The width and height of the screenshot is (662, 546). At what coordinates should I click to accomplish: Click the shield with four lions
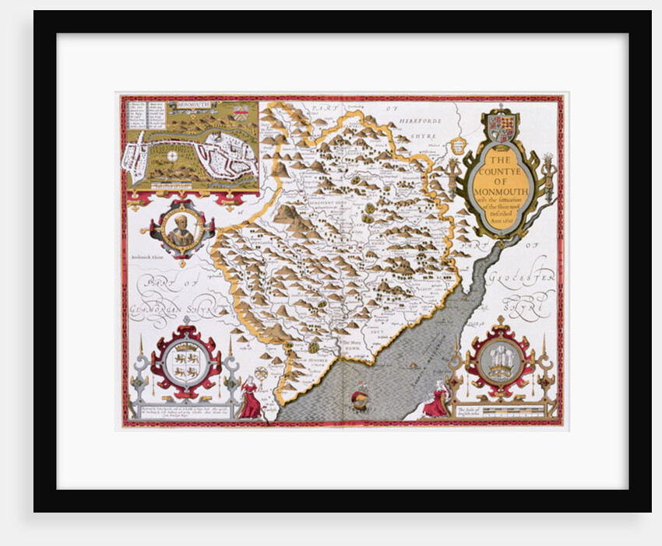click(186, 359)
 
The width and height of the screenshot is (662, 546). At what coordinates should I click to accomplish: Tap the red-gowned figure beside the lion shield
click(250, 398)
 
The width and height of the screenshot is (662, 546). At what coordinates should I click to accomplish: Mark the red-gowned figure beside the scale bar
click(438, 400)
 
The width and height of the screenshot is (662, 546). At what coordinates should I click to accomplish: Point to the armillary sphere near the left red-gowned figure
click(261, 374)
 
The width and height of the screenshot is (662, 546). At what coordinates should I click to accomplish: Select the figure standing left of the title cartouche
click(453, 176)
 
